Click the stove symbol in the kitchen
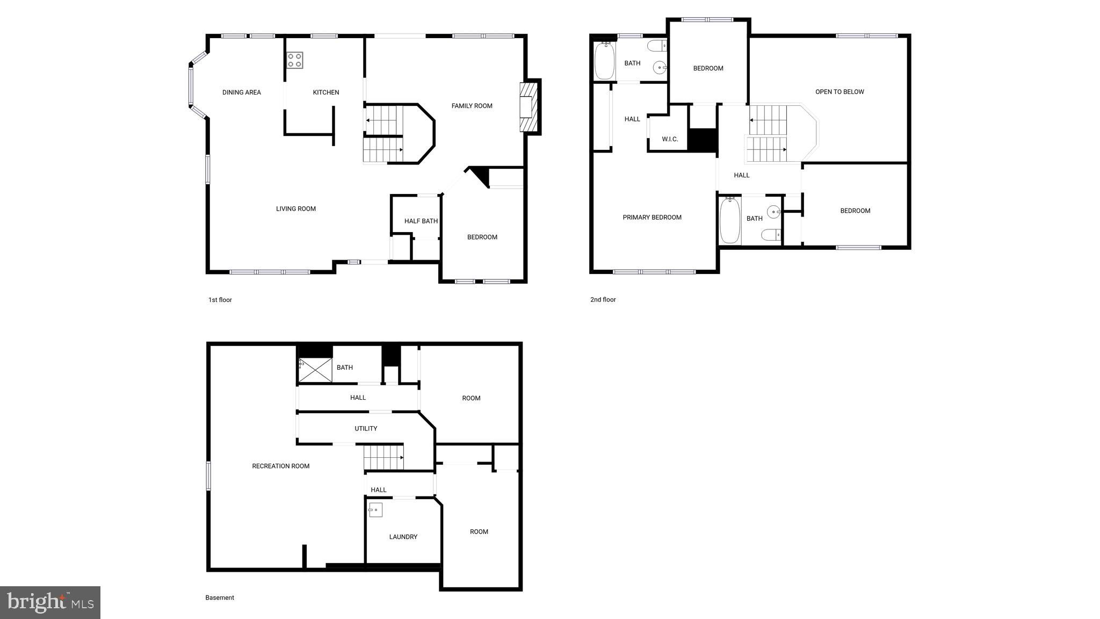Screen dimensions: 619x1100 pyautogui.click(x=294, y=60)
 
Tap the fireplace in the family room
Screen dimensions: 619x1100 pyautogui.click(x=529, y=107)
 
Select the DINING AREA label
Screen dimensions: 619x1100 pyautogui.click(x=242, y=92)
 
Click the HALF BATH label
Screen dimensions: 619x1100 pyautogui.click(x=421, y=221)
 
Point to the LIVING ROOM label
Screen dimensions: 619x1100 pyautogui.click(x=296, y=208)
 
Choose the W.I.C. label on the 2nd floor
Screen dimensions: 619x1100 pyautogui.click(x=670, y=139)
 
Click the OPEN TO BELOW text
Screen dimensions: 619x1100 pyautogui.click(x=840, y=92)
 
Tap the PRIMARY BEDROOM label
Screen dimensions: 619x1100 pyautogui.click(x=652, y=218)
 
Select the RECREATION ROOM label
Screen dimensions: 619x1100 pyautogui.click(x=281, y=466)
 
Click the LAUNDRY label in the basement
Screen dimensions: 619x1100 pyautogui.click(x=403, y=537)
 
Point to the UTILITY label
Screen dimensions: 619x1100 pyautogui.click(x=366, y=428)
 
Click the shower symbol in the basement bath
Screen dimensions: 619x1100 pyautogui.click(x=315, y=370)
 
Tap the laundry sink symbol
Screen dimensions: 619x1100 pyautogui.click(x=375, y=509)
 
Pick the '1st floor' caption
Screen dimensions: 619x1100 pyautogui.click(x=220, y=300)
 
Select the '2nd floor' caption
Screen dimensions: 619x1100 pyautogui.click(x=603, y=300)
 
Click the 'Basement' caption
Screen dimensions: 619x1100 pyautogui.click(x=220, y=598)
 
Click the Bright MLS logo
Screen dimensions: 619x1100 pyautogui.click(x=50, y=602)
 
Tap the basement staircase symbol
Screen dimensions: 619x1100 pyautogui.click(x=383, y=457)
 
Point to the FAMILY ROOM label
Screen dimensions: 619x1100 pyautogui.click(x=472, y=106)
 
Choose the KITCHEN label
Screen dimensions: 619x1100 pyautogui.click(x=326, y=92)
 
